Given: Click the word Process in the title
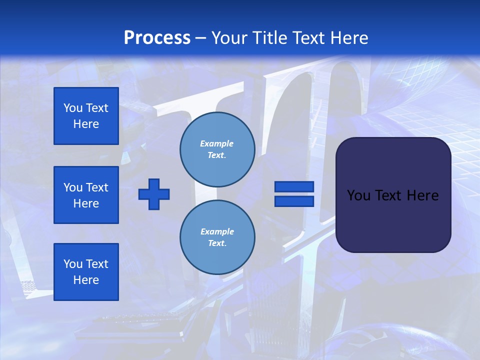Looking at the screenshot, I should coord(157,38).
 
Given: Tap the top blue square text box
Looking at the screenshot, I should coord(86,116).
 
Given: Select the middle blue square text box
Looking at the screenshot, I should coord(86,195).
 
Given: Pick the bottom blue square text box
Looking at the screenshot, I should coord(86,272).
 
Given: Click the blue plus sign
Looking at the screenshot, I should coord(154,194).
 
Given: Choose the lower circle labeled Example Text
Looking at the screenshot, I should coord(217,237).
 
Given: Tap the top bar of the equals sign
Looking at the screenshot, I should coord(294,187).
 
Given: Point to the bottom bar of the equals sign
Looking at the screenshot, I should coord(294,201).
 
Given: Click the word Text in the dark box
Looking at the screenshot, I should coord(388,195).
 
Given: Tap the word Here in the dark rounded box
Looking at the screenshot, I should coord(422,195).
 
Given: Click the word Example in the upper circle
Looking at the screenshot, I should coord(217,143).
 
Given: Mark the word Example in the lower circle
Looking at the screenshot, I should coord(217,231).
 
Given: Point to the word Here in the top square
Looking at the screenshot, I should coord(86,124).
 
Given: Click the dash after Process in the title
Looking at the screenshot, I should coord(201,38).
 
